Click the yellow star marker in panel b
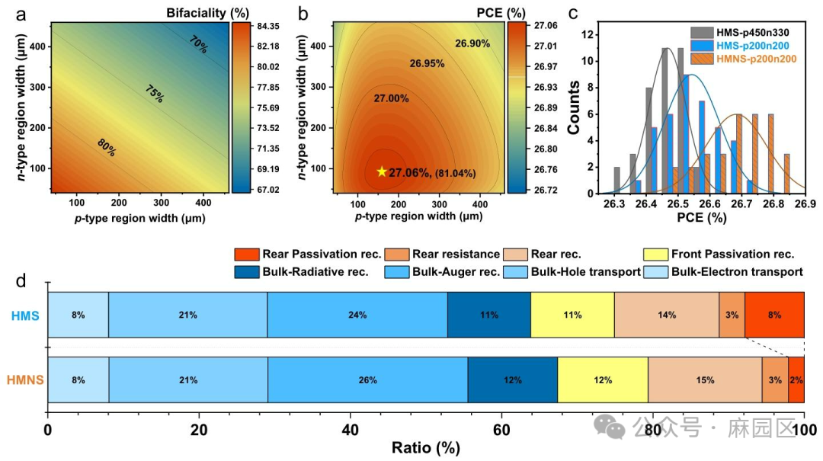(x=382, y=171)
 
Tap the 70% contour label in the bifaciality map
(x=198, y=45)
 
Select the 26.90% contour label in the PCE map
(x=472, y=43)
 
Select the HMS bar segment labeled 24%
(x=357, y=315)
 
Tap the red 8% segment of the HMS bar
(x=774, y=315)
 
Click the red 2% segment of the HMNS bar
(x=796, y=379)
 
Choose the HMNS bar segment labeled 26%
(x=367, y=379)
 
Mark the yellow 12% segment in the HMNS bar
(x=603, y=379)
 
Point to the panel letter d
(x=22, y=280)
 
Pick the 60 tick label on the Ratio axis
(x=501, y=429)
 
